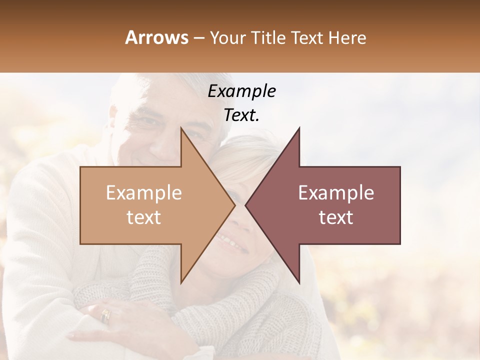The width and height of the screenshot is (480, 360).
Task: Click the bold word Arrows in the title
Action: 156,37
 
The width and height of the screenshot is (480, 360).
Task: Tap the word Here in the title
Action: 347,37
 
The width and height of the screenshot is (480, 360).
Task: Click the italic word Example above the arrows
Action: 241,91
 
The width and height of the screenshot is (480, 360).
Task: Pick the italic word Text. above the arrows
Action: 241,115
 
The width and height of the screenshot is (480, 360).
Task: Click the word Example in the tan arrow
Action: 143,193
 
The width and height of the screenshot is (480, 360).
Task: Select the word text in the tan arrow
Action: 143,217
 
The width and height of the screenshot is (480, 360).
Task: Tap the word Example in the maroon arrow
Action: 336,193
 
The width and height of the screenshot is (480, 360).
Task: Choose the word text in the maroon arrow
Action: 336,217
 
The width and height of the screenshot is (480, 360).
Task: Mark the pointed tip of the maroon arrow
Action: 246,205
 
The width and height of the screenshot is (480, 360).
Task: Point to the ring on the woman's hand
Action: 105,315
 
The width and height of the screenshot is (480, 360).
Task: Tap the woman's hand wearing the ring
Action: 120,320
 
